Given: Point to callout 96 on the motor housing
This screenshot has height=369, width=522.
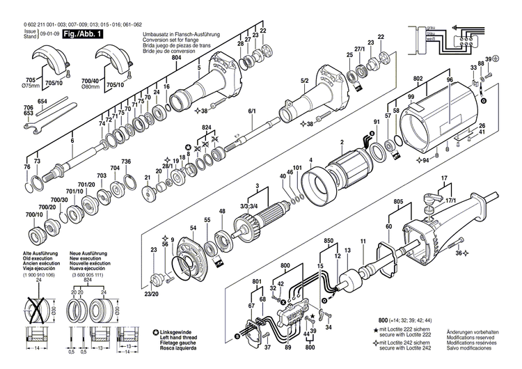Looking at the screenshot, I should pos(450,81).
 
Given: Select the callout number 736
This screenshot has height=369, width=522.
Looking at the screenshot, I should pos(126,162).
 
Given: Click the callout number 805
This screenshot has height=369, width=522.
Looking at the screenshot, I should pos(397,201).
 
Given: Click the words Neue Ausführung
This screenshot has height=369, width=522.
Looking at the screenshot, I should pos(88,249).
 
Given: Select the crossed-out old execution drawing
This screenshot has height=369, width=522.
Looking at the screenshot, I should pos(39,306).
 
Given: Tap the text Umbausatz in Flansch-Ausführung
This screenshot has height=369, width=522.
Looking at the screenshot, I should pos(178,33).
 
